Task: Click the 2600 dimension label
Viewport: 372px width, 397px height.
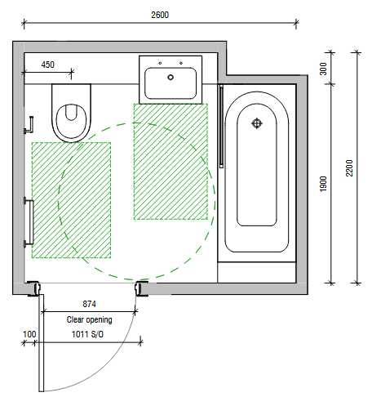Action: click(x=160, y=15)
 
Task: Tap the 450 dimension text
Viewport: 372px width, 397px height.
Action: click(x=48, y=65)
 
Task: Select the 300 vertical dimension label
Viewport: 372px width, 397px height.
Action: click(x=323, y=69)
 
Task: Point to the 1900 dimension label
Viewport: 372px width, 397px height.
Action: click(x=323, y=184)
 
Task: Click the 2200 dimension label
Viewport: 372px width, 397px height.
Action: click(x=349, y=168)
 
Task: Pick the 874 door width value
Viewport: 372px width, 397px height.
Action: click(x=89, y=304)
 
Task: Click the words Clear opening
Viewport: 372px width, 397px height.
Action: click(x=90, y=319)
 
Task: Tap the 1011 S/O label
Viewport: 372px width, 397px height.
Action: click(x=87, y=334)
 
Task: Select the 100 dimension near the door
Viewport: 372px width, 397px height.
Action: click(x=29, y=334)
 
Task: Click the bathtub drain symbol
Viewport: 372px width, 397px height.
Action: click(x=256, y=123)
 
